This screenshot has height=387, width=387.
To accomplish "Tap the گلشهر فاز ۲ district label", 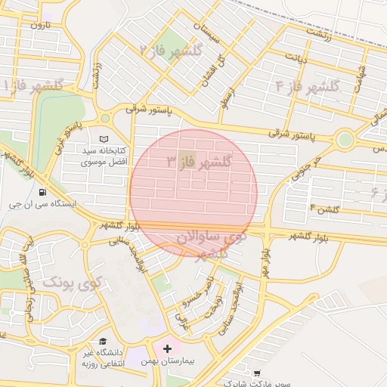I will coord(171,51).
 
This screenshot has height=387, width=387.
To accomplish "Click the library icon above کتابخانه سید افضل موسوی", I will coord(104,139).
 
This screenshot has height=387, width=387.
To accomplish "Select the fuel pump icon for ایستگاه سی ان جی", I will coord(51,192).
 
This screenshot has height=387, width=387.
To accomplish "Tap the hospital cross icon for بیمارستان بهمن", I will coord(167,348).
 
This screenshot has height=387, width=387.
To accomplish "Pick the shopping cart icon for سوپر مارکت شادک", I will coord(258,373).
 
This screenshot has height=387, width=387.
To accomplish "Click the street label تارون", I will coord(39,25).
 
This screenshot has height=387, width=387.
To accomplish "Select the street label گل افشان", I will coord(211,70).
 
